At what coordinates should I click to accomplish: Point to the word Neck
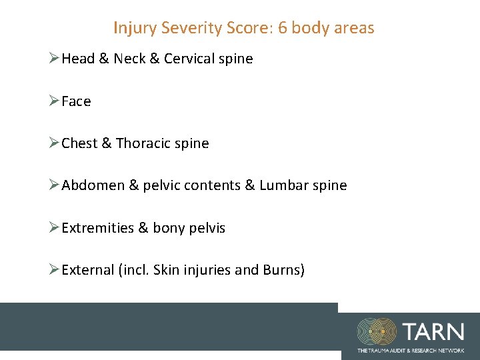(129, 59)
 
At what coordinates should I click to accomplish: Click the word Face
(76, 101)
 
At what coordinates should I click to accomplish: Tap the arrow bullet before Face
(55, 101)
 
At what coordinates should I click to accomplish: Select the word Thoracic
(143, 143)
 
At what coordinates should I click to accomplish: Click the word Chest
(79, 143)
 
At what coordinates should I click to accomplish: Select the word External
(87, 270)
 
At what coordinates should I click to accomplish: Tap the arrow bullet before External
(55, 270)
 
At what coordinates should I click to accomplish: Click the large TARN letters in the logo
(432, 331)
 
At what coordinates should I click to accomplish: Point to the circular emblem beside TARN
(377, 331)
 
